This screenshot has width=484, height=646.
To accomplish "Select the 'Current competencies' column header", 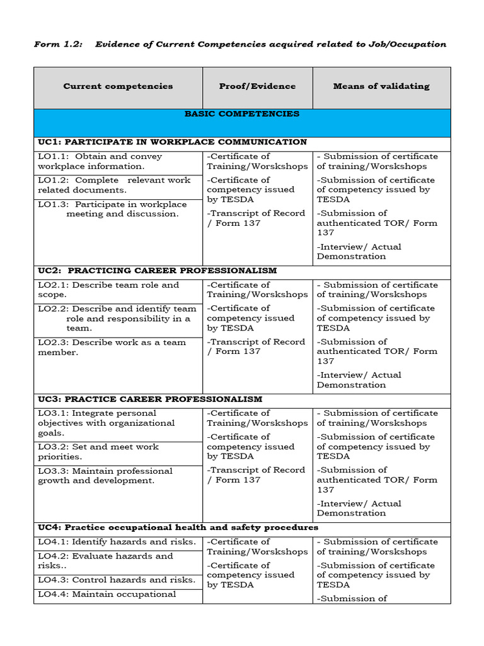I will (x=118, y=86).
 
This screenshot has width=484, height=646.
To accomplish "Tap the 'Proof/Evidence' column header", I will (x=257, y=86).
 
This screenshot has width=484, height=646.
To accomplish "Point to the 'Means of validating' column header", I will (x=381, y=86).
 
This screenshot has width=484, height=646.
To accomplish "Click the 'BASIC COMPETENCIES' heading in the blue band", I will (x=242, y=114).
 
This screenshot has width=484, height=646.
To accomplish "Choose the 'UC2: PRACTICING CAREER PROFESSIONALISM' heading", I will (x=157, y=271).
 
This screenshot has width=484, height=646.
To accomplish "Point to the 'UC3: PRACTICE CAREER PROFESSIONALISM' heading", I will (x=150, y=399).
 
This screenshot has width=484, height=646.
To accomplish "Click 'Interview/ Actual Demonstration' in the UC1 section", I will (x=359, y=252).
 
